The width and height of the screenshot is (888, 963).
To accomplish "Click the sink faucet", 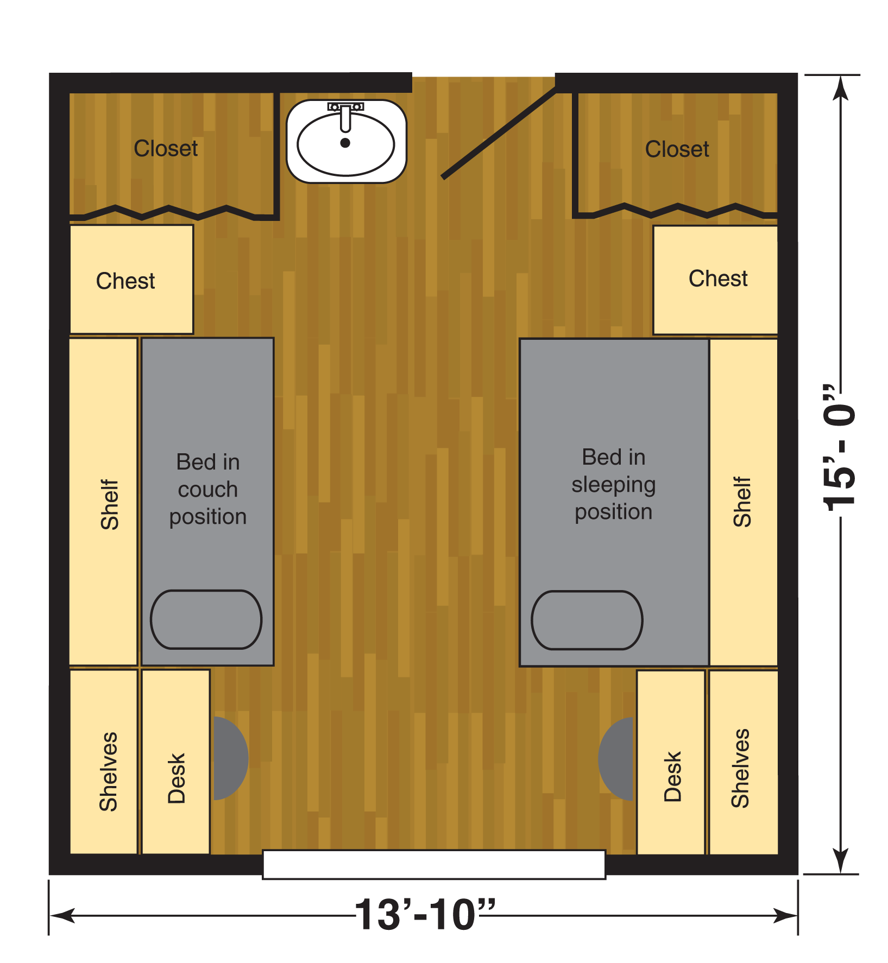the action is click(x=345, y=116).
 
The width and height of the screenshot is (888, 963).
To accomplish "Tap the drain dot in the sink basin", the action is click(x=345, y=143).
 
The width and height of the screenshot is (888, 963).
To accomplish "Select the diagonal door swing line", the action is click(x=499, y=133).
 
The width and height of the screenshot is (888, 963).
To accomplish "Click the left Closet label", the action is click(x=166, y=148).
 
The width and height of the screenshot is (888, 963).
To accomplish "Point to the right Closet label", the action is click(x=677, y=149).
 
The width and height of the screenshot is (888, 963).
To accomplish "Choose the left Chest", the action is click(x=131, y=280).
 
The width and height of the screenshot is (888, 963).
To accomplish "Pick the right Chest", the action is click(x=715, y=280).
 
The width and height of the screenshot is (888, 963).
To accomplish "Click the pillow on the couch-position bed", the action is click(x=206, y=619).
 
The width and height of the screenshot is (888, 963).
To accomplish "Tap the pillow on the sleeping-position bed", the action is click(x=587, y=620).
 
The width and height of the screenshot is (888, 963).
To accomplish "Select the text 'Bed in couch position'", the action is click(x=208, y=489).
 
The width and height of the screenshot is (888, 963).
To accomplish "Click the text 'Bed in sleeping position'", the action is click(x=614, y=484).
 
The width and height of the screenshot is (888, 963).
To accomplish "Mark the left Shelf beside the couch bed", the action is click(x=103, y=502).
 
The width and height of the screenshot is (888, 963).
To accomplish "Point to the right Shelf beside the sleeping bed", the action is click(x=744, y=503).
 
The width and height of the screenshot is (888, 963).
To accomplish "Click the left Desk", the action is click(x=176, y=762).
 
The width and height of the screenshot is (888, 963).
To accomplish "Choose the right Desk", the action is click(x=671, y=762).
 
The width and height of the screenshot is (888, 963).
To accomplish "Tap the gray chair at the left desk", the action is click(x=231, y=758).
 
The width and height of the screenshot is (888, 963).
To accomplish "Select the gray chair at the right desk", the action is click(x=616, y=759).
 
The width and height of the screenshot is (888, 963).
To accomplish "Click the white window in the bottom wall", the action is click(x=434, y=864).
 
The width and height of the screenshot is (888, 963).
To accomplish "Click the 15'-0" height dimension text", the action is click(x=839, y=447).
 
